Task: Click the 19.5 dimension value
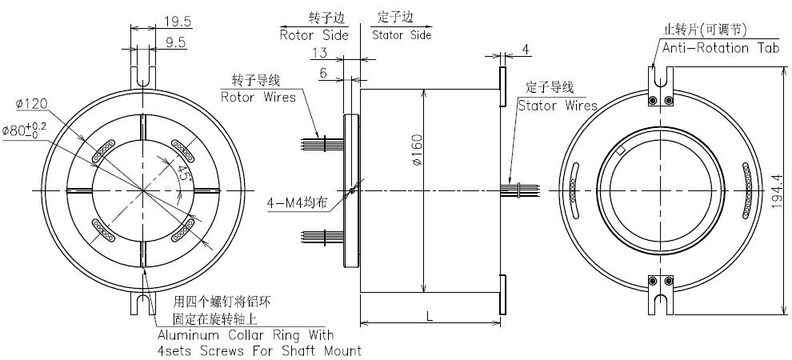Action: coord(178,21)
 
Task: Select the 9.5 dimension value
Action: coord(176,42)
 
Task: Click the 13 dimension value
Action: coord(319,53)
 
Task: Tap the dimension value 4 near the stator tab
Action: coord(525,50)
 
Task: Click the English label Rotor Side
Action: coord(314,35)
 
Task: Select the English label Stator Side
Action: coord(402,35)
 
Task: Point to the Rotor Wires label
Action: coord(258,97)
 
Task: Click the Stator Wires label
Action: coord(557,105)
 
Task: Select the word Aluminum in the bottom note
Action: coord(189,335)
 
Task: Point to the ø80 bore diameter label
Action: coord(24,130)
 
